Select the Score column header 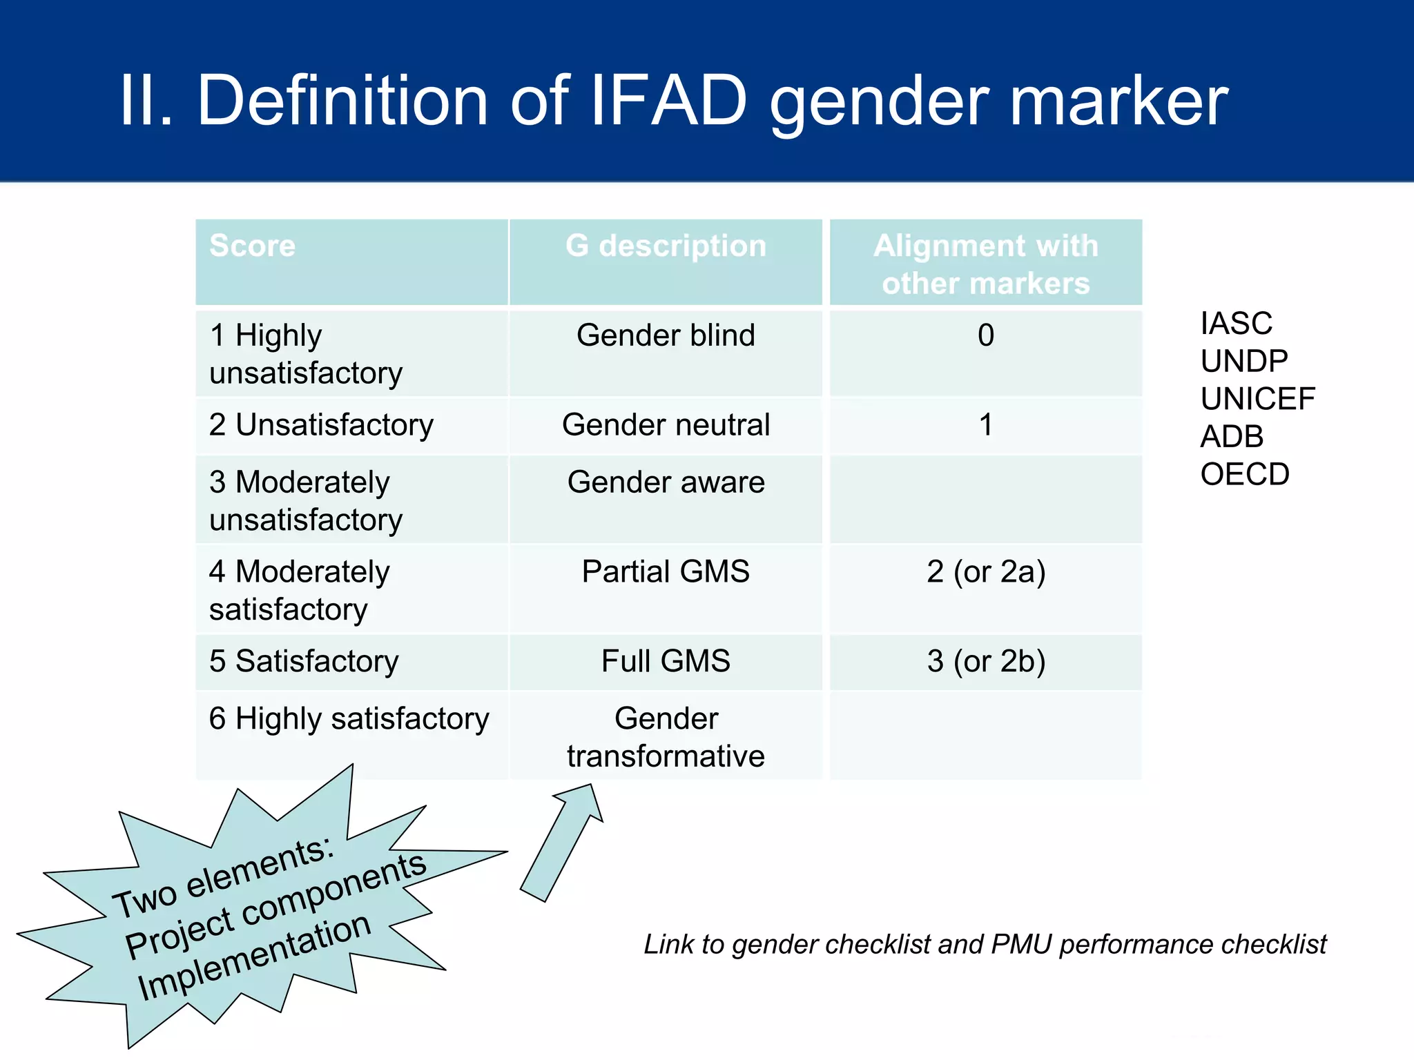(x=253, y=246)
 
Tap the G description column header (x=666, y=246)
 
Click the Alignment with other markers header (x=985, y=264)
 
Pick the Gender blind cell (x=666, y=335)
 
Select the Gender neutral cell (x=666, y=425)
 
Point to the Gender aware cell (x=666, y=482)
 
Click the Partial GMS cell (x=666, y=572)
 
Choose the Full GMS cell (x=666, y=661)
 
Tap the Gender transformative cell (x=666, y=737)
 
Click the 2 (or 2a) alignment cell (x=985, y=572)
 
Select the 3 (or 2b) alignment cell (x=985, y=661)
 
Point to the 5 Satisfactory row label (x=304, y=661)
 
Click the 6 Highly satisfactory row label (x=349, y=719)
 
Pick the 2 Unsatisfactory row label (x=321, y=425)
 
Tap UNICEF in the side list (x=1257, y=399)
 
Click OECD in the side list (x=1244, y=475)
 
